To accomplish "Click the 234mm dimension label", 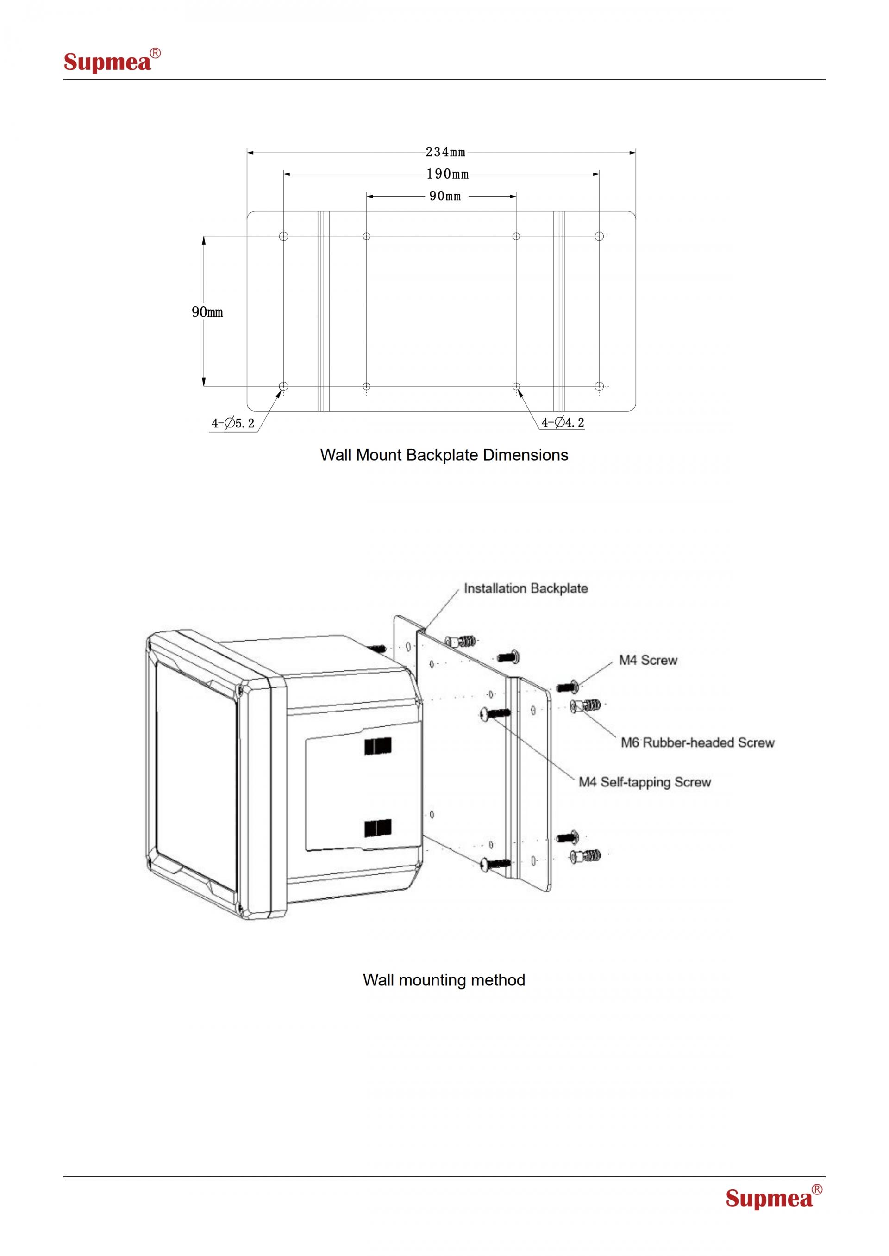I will pyautogui.click(x=445, y=152).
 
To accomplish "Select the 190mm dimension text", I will pyautogui.click(x=448, y=174).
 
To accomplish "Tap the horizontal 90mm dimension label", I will pyautogui.click(x=445, y=196).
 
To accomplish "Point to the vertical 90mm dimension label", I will pyautogui.click(x=207, y=312).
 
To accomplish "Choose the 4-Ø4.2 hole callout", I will pyautogui.click(x=563, y=422).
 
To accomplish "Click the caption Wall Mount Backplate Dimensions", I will pyautogui.click(x=444, y=455).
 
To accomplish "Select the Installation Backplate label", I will pyautogui.click(x=526, y=588).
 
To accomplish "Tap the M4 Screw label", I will pyautogui.click(x=648, y=660).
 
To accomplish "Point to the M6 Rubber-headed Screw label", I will pyautogui.click(x=697, y=743).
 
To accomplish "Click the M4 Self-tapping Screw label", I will pyautogui.click(x=645, y=782).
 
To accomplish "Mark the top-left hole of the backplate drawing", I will pyautogui.click(x=283, y=236).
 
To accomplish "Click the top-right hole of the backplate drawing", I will pyautogui.click(x=599, y=236).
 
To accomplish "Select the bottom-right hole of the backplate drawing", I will pyautogui.click(x=599, y=386).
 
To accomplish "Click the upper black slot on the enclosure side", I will pyautogui.click(x=378, y=747).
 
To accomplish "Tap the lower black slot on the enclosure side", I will pyautogui.click(x=378, y=828).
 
